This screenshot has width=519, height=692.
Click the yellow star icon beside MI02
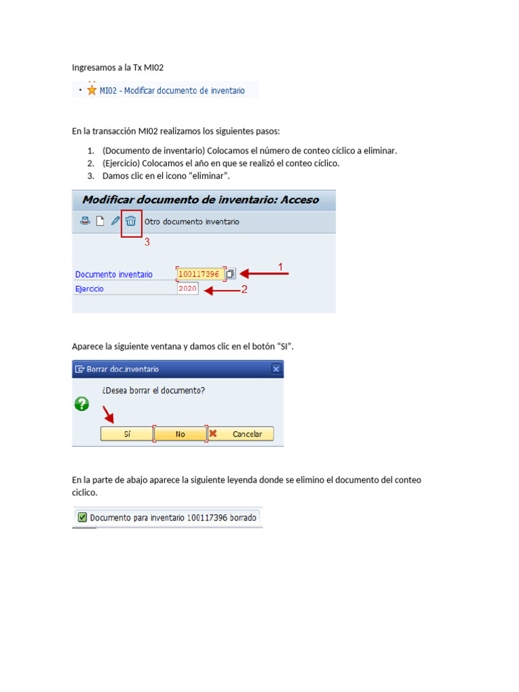tap(92, 90)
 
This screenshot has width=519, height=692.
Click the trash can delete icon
tap(131, 221)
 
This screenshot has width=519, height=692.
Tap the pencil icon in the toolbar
tap(116, 221)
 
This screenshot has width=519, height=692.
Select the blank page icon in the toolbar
tap(100, 221)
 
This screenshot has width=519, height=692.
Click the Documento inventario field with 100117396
tap(199, 274)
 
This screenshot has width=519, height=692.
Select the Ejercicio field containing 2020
tap(188, 289)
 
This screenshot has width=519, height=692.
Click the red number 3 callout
tap(147, 243)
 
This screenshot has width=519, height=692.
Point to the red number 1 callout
tap(280, 267)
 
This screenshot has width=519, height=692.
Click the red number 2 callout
tap(245, 289)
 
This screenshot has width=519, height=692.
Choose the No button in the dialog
tap(180, 434)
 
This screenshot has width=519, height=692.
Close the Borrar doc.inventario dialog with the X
tap(276, 369)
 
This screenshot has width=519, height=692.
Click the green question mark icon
tap(82, 404)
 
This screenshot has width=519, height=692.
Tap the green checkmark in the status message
tap(82, 518)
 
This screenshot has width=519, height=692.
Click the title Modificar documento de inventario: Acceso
tap(200, 200)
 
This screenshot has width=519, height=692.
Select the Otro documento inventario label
tap(192, 222)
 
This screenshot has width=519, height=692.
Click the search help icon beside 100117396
tap(230, 274)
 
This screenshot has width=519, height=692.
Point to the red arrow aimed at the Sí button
tap(108, 414)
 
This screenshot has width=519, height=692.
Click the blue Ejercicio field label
tap(90, 289)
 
